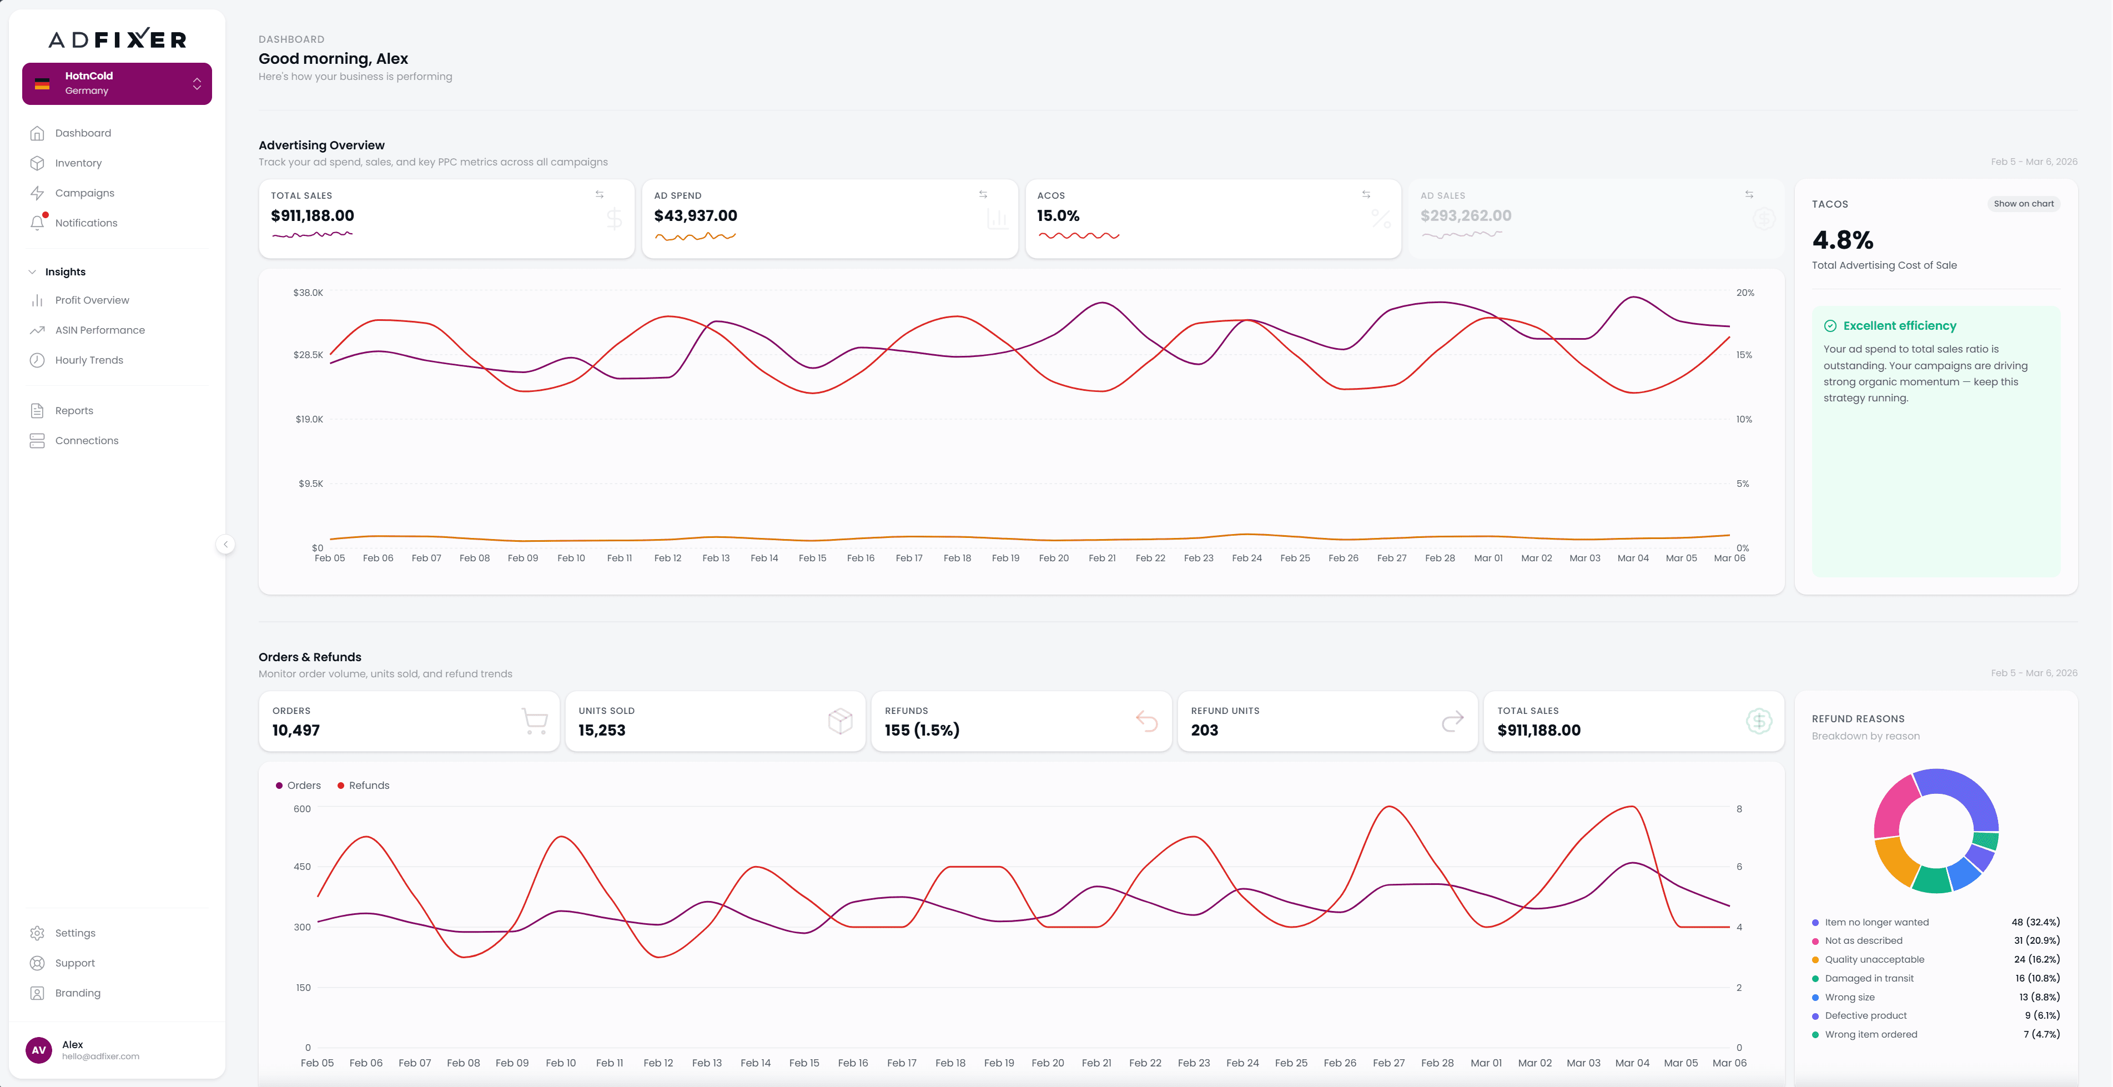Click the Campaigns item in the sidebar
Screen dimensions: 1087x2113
click(84, 193)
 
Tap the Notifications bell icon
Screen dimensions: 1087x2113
click(37, 222)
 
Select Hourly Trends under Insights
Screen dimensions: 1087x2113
click(89, 360)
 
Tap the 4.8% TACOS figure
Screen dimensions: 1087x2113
click(1842, 240)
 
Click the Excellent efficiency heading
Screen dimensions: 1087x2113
click(1899, 326)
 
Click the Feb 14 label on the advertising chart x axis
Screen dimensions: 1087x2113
click(764, 558)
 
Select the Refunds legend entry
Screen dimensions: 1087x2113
click(364, 785)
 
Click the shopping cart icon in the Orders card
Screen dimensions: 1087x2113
click(534, 721)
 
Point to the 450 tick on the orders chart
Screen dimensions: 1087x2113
click(303, 866)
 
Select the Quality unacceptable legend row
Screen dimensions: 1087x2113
click(1874, 959)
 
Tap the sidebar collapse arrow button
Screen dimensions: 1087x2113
click(225, 544)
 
